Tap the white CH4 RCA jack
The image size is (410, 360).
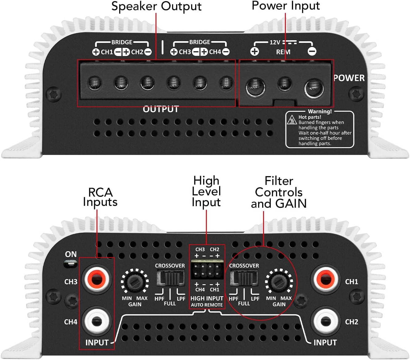[97, 321]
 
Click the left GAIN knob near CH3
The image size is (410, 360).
[135, 282]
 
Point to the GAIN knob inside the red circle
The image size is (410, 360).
[279, 282]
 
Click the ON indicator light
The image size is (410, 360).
[71, 264]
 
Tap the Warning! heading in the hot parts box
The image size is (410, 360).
[320, 111]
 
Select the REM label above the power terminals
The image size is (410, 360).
[283, 52]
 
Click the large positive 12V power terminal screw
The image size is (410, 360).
[255, 87]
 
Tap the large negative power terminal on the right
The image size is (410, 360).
[314, 88]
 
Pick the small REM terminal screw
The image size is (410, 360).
[285, 83]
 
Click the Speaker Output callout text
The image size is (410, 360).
[156, 6]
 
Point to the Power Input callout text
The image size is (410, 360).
[286, 6]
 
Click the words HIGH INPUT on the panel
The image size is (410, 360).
[207, 298]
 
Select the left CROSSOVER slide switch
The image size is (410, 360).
[170, 278]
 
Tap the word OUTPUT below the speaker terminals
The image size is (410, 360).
[161, 109]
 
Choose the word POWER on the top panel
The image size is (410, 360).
[349, 78]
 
